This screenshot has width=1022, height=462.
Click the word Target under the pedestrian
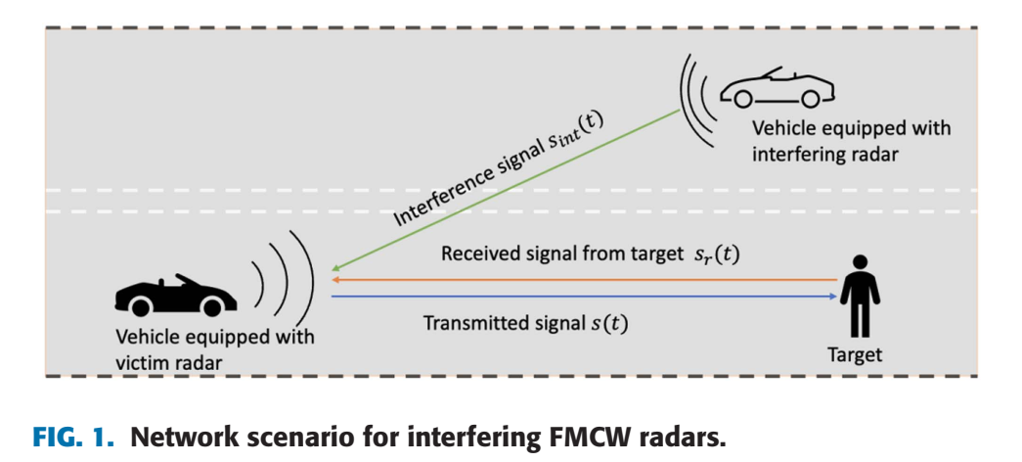pos(855,355)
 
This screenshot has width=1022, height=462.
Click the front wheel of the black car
pos(209,305)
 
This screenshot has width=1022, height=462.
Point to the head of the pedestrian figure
pos(861,262)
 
